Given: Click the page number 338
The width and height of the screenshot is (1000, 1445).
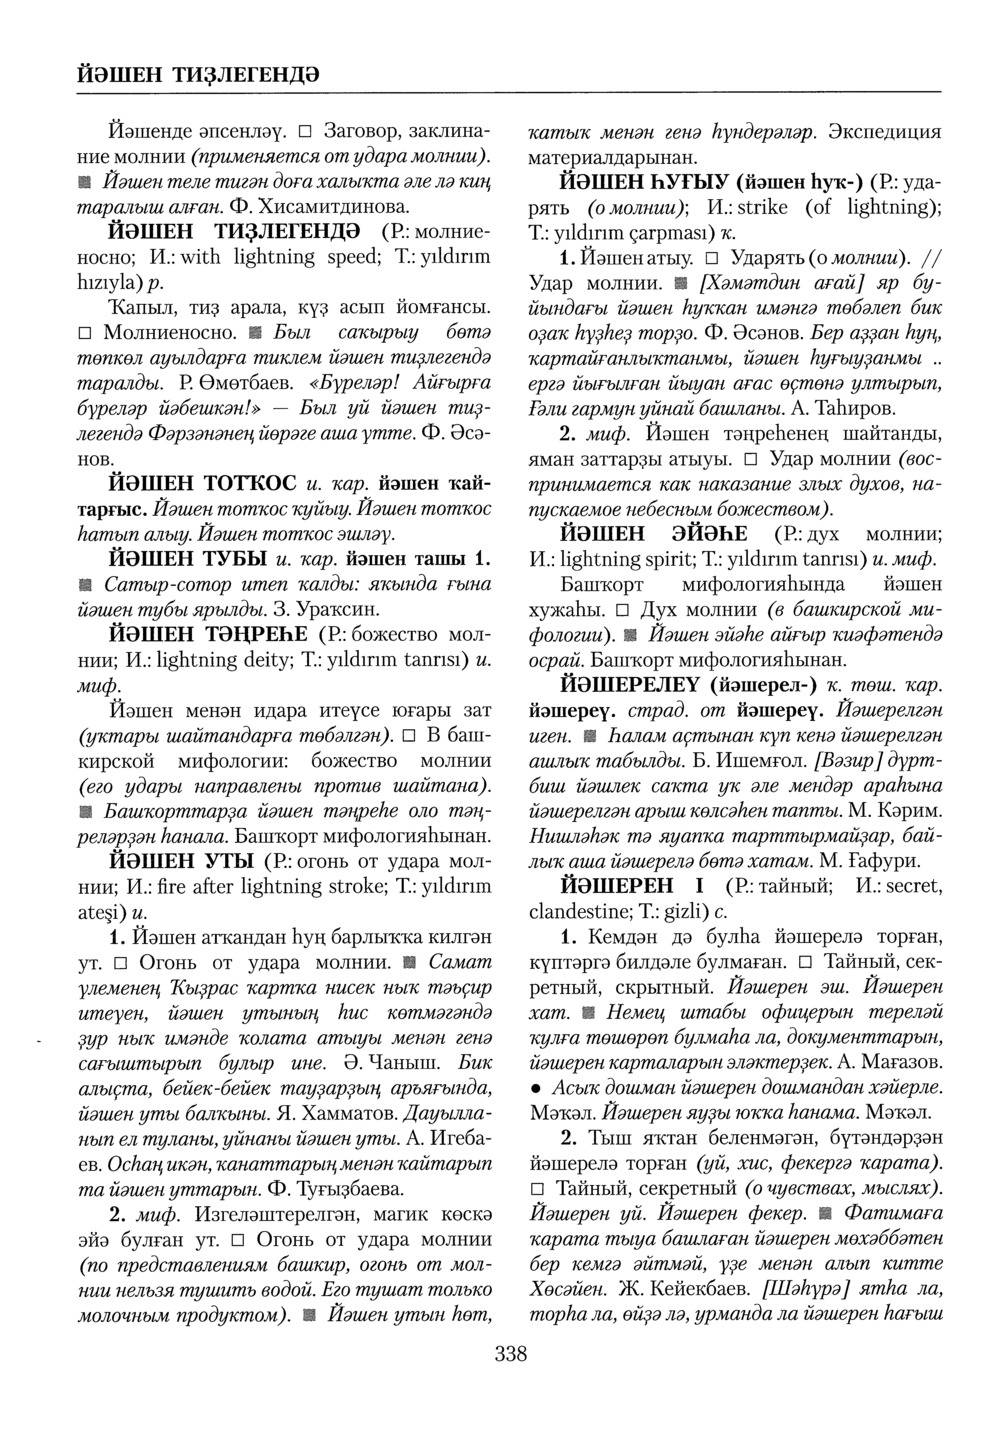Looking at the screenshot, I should (x=510, y=1355).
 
